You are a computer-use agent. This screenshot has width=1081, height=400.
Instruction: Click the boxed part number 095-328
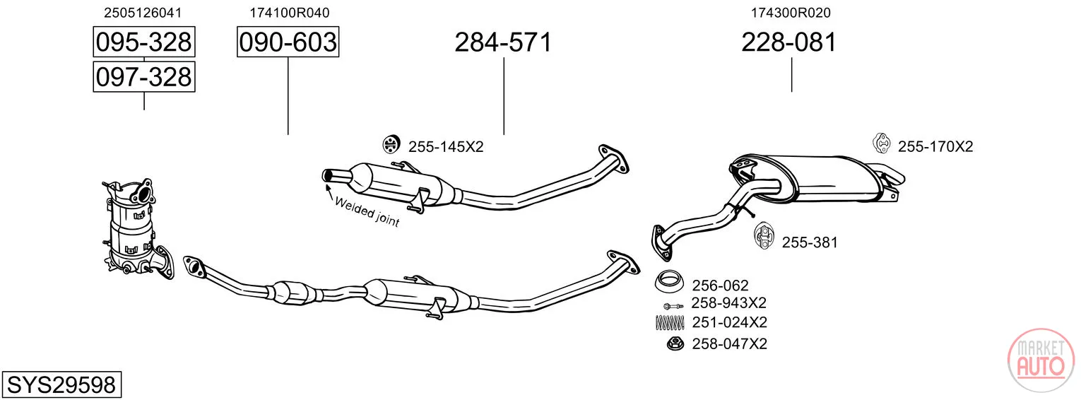click(x=144, y=42)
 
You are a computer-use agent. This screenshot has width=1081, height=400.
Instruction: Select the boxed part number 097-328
click(x=144, y=77)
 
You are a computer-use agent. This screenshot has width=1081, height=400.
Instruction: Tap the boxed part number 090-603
click(x=288, y=42)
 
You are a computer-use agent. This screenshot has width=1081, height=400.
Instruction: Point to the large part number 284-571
click(x=503, y=42)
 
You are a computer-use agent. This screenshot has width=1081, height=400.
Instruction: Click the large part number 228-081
click(x=789, y=42)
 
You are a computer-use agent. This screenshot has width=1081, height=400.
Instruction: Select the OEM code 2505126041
click(x=143, y=13)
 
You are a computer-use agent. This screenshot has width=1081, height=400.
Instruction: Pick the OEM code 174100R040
click(x=290, y=13)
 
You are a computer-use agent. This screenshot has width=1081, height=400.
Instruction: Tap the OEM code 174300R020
click(x=791, y=13)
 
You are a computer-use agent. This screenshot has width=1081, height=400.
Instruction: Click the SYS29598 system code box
click(x=61, y=384)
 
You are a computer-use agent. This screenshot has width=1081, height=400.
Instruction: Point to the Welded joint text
click(x=367, y=212)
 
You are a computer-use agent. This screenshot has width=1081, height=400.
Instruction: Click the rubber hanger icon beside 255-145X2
click(x=391, y=144)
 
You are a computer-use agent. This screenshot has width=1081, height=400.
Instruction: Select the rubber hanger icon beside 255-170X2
click(x=882, y=143)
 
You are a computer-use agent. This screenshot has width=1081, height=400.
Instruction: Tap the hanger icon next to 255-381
click(x=764, y=236)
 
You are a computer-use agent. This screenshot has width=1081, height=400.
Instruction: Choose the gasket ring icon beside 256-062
click(x=669, y=281)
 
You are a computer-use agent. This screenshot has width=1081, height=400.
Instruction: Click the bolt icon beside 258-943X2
click(x=673, y=306)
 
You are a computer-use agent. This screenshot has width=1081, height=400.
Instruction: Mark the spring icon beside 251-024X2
click(x=670, y=322)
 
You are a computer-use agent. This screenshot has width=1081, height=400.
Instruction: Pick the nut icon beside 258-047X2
click(x=675, y=343)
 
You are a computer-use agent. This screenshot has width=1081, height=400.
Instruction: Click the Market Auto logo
click(x=1041, y=360)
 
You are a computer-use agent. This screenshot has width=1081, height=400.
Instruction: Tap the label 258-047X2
click(x=729, y=343)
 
